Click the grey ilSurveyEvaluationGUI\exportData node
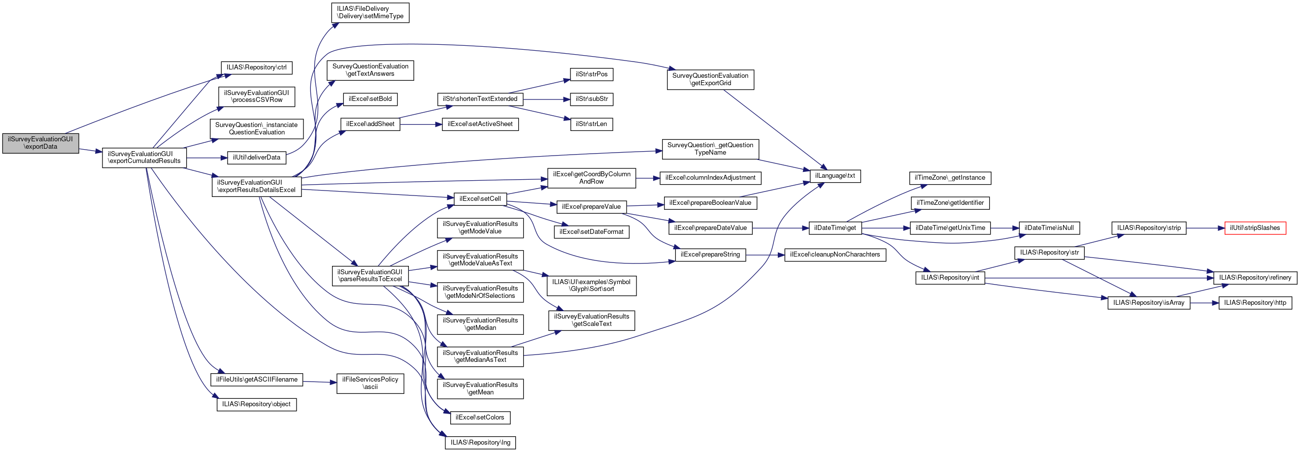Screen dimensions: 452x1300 click(x=40, y=143)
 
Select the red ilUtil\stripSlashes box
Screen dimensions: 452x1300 click(x=1255, y=228)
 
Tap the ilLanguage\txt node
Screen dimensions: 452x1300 click(x=834, y=176)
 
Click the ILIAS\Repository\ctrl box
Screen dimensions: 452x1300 click(x=256, y=67)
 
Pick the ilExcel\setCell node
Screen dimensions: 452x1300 click(x=480, y=199)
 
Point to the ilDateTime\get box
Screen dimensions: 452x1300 click(x=834, y=228)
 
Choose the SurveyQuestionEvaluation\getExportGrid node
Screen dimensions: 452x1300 click(x=710, y=80)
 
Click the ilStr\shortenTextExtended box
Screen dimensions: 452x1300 click(x=480, y=99)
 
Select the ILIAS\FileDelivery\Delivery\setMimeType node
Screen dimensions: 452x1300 click(x=370, y=13)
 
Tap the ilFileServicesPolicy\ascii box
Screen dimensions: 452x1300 click(x=370, y=384)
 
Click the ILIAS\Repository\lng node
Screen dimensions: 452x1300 click(x=480, y=443)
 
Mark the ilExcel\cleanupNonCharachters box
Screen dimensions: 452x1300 click(x=834, y=255)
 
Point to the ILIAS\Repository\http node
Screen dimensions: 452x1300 click(x=1255, y=303)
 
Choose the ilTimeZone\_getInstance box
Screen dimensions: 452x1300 click(x=950, y=178)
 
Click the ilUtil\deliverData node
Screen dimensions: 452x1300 click(x=256, y=158)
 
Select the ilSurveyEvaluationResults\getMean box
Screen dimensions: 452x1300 click(x=480, y=388)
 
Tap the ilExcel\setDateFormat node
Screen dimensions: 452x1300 click(x=592, y=232)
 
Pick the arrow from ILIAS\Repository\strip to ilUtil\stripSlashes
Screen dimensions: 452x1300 click(x=1205, y=228)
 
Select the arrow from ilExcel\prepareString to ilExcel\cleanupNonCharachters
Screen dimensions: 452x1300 click(x=765, y=255)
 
